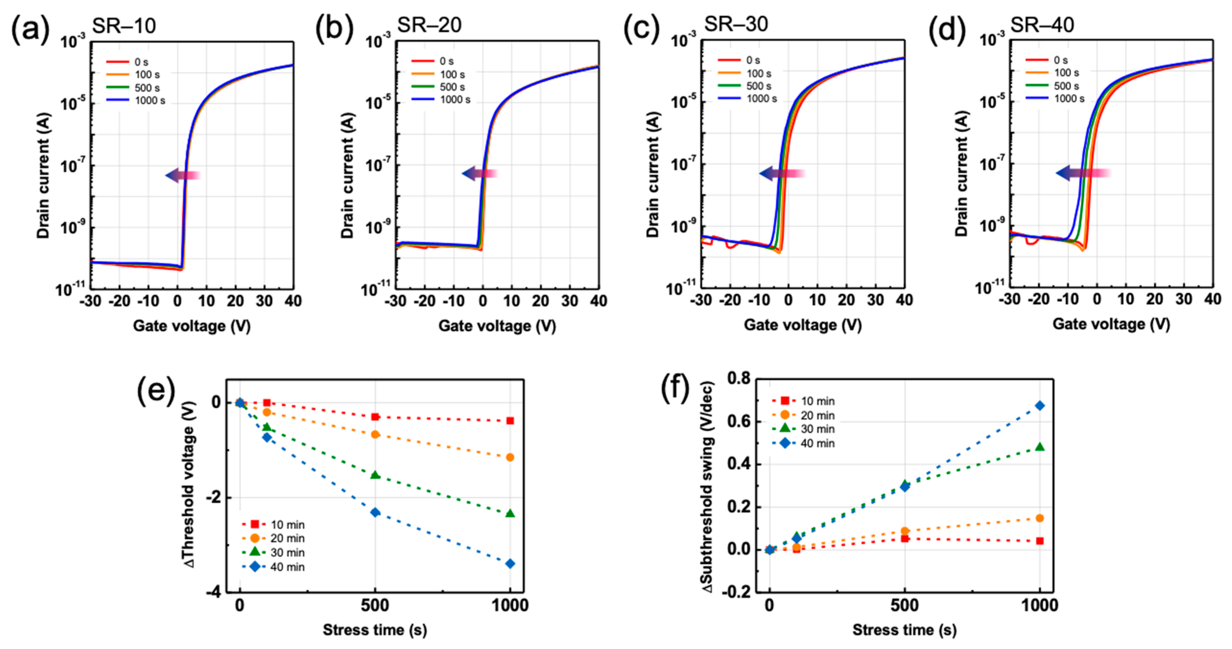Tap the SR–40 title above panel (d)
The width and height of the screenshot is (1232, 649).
point(1043,24)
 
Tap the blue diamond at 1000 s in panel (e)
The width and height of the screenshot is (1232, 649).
point(510,564)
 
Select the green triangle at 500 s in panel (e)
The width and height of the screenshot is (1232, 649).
point(375,475)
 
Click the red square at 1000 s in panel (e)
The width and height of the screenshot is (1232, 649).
point(510,421)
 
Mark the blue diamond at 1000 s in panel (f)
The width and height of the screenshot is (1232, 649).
point(1040,405)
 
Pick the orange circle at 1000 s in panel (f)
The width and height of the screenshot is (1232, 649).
point(1040,518)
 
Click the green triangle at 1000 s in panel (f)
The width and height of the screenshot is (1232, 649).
point(1040,447)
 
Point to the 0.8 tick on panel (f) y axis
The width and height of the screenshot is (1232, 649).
point(738,379)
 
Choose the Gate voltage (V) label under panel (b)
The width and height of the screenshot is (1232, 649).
point(497,326)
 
